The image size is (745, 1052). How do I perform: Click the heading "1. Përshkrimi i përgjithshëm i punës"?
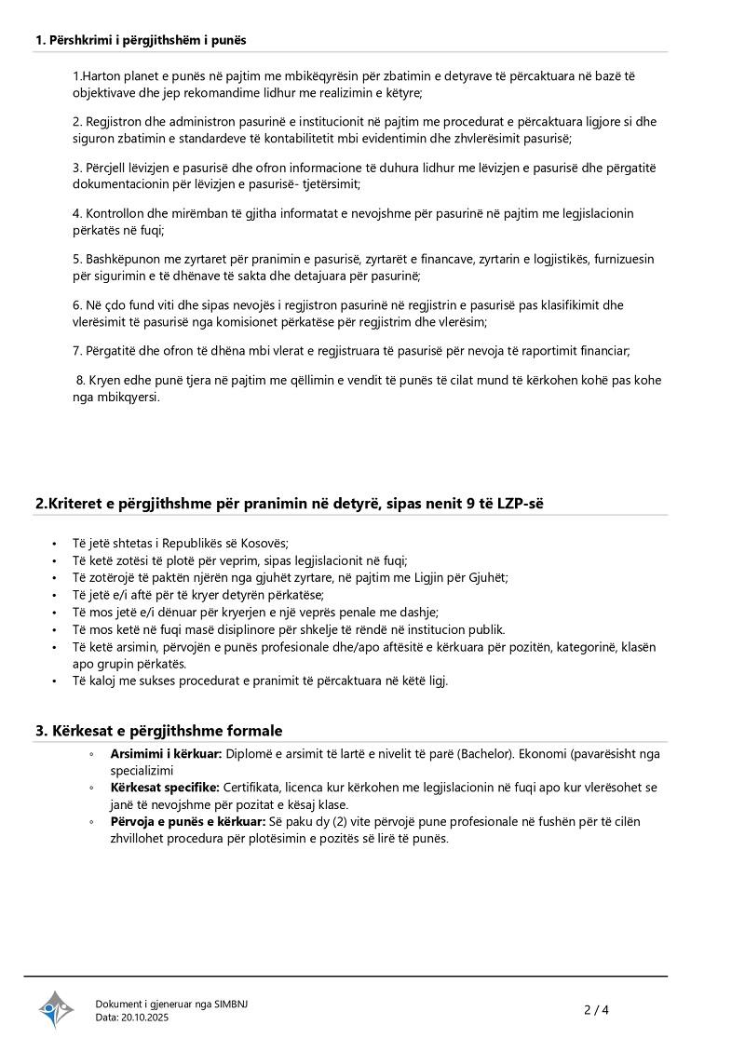[x=141, y=40]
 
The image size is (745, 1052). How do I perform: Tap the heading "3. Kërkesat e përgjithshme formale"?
[x=159, y=731]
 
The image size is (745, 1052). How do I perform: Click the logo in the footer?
[x=56, y=1009]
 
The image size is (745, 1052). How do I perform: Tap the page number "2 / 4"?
[x=596, y=1009]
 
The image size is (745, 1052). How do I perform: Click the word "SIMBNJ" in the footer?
[x=231, y=1004]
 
